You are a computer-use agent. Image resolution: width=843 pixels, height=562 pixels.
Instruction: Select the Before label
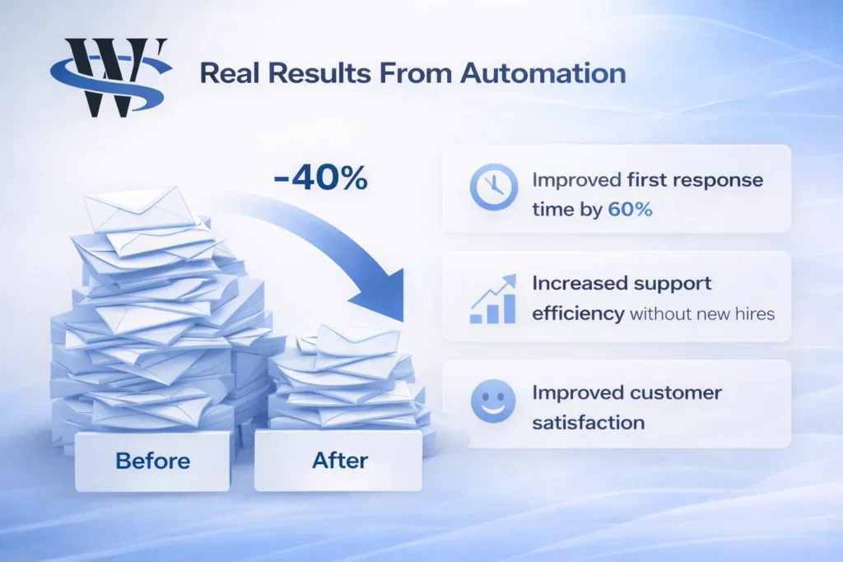[153, 461]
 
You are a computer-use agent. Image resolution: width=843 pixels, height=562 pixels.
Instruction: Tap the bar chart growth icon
[493, 300]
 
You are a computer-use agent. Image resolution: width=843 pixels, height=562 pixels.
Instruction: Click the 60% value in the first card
[630, 210]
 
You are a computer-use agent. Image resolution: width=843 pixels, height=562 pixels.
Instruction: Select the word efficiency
[577, 314]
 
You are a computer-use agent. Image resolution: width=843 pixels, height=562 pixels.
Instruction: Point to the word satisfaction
[588, 423]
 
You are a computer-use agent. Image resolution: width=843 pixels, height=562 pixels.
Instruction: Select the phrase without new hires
[702, 314]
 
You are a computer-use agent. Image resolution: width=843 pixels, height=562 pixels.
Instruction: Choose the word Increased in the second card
[580, 283]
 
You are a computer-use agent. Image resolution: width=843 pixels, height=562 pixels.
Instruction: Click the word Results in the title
[314, 73]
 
